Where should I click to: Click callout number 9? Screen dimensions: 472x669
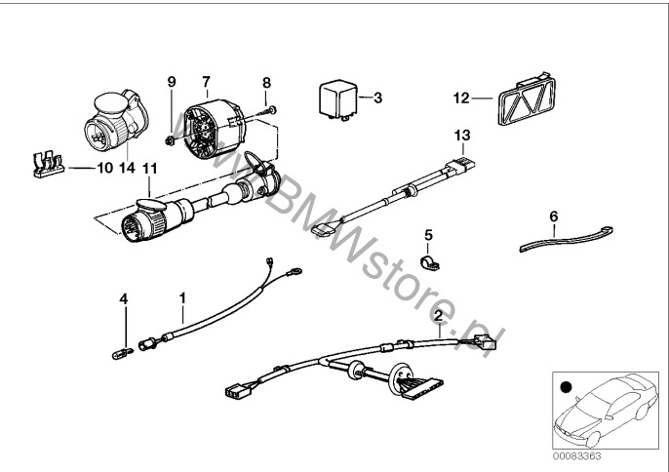click(172, 82)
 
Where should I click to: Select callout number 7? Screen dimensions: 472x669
click(206, 80)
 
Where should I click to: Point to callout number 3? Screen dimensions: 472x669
click(377, 98)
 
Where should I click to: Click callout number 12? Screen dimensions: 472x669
click(460, 97)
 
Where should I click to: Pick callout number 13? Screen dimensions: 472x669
click(461, 134)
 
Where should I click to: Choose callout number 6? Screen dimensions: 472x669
click(553, 215)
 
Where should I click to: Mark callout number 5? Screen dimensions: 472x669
click(426, 234)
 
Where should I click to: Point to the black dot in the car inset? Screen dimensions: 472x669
click(566, 389)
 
